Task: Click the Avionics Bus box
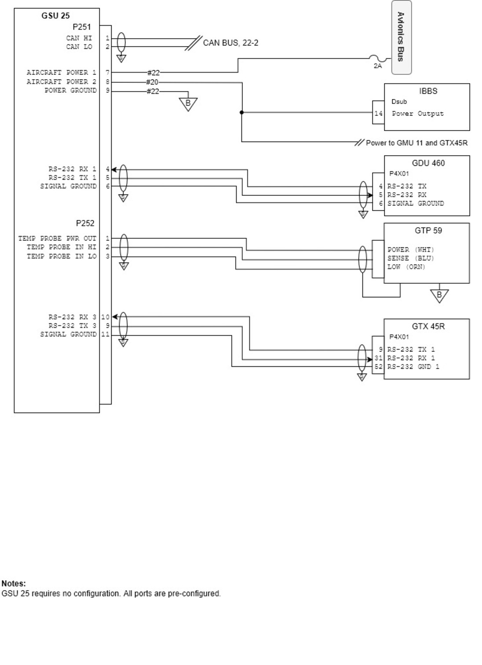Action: [402, 37]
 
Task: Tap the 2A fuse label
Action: [377, 66]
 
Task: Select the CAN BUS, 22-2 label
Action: [230, 43]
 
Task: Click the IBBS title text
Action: [428, 91]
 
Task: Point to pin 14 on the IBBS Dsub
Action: [378, 113]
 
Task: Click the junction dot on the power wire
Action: [241, 112]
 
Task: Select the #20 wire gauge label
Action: [152, 82]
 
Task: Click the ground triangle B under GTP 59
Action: [439, 296]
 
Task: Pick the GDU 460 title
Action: [428, 163]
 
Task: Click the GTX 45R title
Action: [428, 326]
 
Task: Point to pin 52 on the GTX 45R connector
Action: [378, 367]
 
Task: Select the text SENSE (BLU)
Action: [411, 258]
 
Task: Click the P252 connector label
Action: [85, 223]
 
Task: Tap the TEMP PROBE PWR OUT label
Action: [57, 238]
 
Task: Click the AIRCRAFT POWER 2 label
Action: [62, 82]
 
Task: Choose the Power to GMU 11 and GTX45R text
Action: [416, 143]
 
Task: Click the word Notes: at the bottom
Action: [14, 583]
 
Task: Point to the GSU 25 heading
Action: [55, 16]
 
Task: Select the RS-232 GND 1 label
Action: [413, 367]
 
